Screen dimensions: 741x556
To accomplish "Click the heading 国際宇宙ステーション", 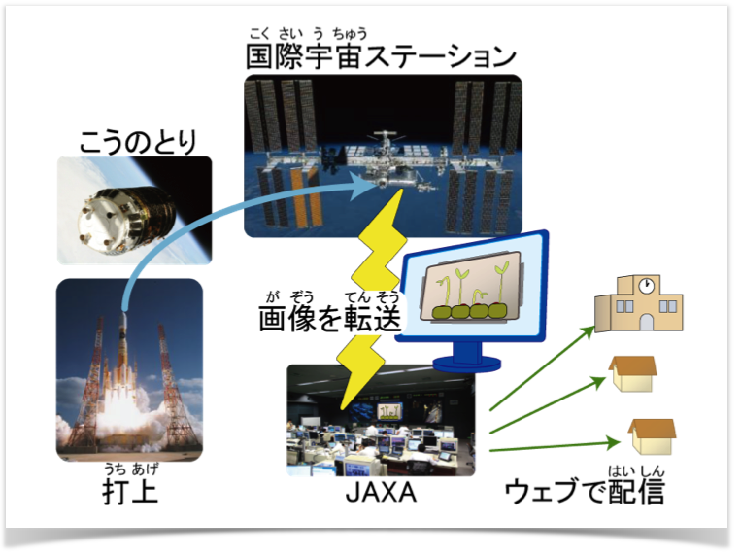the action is coord(381,56).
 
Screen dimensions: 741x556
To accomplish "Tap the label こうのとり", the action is coord(138,141).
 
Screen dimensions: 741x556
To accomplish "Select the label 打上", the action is coord(130,491).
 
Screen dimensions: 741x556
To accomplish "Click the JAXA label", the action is coord(381,492).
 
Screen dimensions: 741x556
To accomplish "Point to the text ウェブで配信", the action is coord(585,491).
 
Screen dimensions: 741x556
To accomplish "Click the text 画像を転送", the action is coord(330,318).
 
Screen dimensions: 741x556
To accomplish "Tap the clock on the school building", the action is coord(645,286).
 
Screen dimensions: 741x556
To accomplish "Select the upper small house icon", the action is coord(633,374).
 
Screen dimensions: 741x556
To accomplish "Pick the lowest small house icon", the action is coord(652,436).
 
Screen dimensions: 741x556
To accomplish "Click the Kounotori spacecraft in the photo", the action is coord(126,218).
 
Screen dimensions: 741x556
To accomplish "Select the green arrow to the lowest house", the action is coord(556,446).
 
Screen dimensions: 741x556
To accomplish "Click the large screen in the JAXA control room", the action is coord(389,411).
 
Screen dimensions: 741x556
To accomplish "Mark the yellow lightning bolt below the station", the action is coord(373,299).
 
